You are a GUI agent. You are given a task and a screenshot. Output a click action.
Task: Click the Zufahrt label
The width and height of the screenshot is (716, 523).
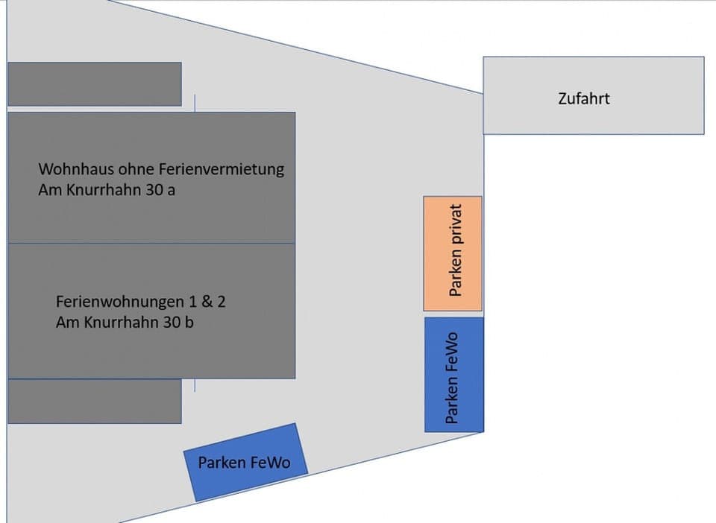click(583, 98)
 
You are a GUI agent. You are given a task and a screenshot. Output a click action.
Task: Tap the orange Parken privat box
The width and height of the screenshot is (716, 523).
click(453, 253)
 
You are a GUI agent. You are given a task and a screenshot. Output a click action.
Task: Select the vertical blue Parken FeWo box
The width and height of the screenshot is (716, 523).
click(453, 374)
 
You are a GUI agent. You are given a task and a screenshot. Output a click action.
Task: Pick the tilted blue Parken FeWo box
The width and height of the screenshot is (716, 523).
click(244, 462)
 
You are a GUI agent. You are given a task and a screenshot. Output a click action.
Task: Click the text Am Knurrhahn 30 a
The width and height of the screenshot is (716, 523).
click(107, 190)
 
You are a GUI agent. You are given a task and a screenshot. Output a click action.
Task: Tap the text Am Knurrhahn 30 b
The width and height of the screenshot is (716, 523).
click(125, 323)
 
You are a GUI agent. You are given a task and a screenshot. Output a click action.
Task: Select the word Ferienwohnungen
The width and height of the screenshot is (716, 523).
click(119, 302)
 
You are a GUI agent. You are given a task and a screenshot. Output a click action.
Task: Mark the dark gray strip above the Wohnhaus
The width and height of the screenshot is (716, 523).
click(95, 84)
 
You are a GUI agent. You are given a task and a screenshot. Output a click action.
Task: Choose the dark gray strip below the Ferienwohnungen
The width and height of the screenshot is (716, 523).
click(95, 402)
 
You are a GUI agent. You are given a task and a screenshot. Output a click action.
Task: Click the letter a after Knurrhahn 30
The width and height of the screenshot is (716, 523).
click(172, 190)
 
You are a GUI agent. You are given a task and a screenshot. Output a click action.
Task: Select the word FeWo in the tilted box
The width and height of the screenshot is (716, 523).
click(271, 462)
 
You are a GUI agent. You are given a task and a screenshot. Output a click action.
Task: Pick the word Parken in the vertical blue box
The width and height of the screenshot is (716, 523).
click(452, 400)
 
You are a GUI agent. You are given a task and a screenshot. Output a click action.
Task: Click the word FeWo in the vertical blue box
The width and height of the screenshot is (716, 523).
click(452, 352)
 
